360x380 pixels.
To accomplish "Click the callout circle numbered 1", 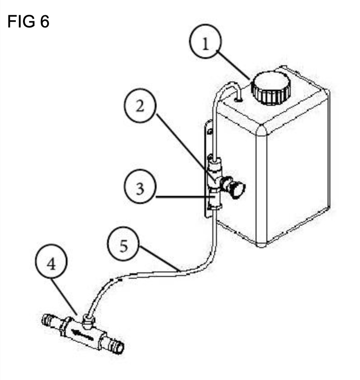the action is [x=205, y=41].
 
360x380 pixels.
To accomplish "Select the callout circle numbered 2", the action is [x=140, y=106].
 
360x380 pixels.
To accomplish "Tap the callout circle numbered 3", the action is [x=140, y=186].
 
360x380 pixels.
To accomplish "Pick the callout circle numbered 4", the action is [x=51, y=261].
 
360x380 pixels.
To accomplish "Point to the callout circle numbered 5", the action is [x=123, y=244].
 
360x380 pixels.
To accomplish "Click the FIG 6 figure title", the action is [x=28, y=21].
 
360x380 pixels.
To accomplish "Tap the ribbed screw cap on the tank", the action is [x=270, y=88].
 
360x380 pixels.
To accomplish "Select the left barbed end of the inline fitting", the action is [x=50, y=321].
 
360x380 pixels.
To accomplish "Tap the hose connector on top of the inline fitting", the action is [x=88, y=321].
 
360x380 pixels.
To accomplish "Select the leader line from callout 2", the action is [x=185, y=148].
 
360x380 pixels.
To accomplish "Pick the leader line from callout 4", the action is [x=64, y=297].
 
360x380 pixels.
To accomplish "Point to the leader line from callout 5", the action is [x=159, y=258].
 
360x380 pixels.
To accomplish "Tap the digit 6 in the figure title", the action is [x=45, y=21].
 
